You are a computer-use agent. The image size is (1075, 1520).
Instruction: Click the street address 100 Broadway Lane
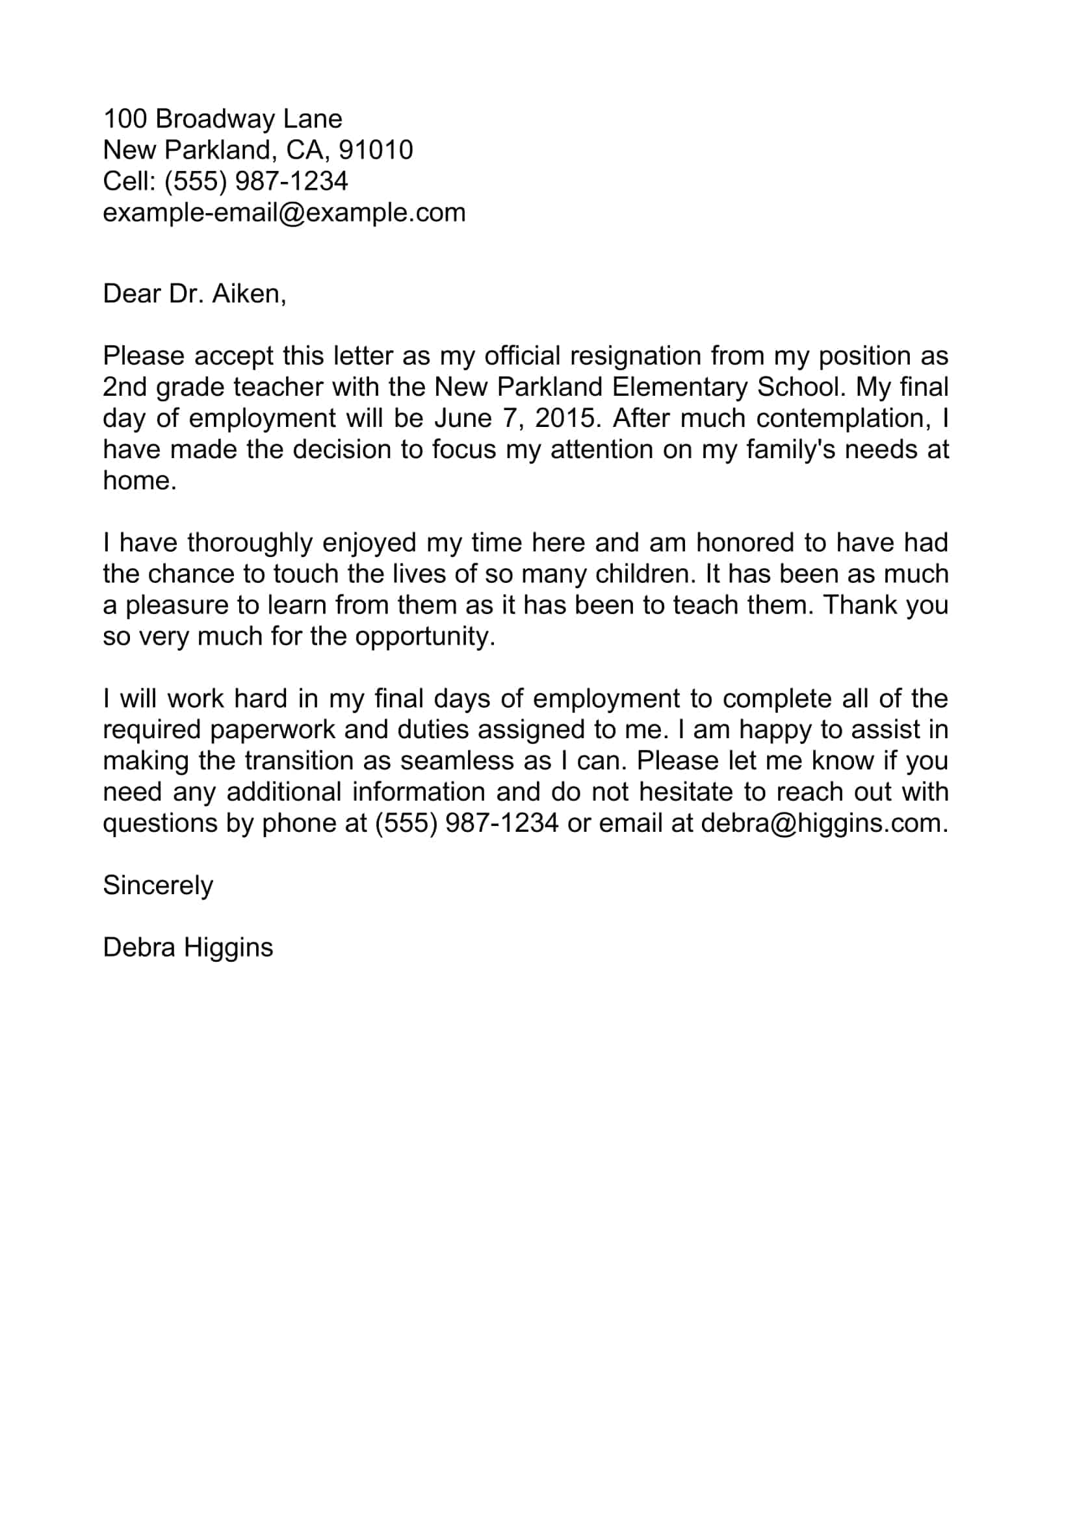coord(222,119)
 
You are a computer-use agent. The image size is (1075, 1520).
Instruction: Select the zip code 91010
coord(375,150)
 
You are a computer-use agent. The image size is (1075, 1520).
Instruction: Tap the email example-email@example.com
coord(284,213)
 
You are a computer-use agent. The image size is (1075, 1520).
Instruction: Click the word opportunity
coord(424,636)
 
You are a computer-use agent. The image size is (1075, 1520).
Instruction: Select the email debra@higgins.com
coord(823,823)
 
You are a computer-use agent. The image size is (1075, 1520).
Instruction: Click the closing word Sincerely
coord(157,886)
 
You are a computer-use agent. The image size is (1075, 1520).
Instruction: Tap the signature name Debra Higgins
coord(188,948)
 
